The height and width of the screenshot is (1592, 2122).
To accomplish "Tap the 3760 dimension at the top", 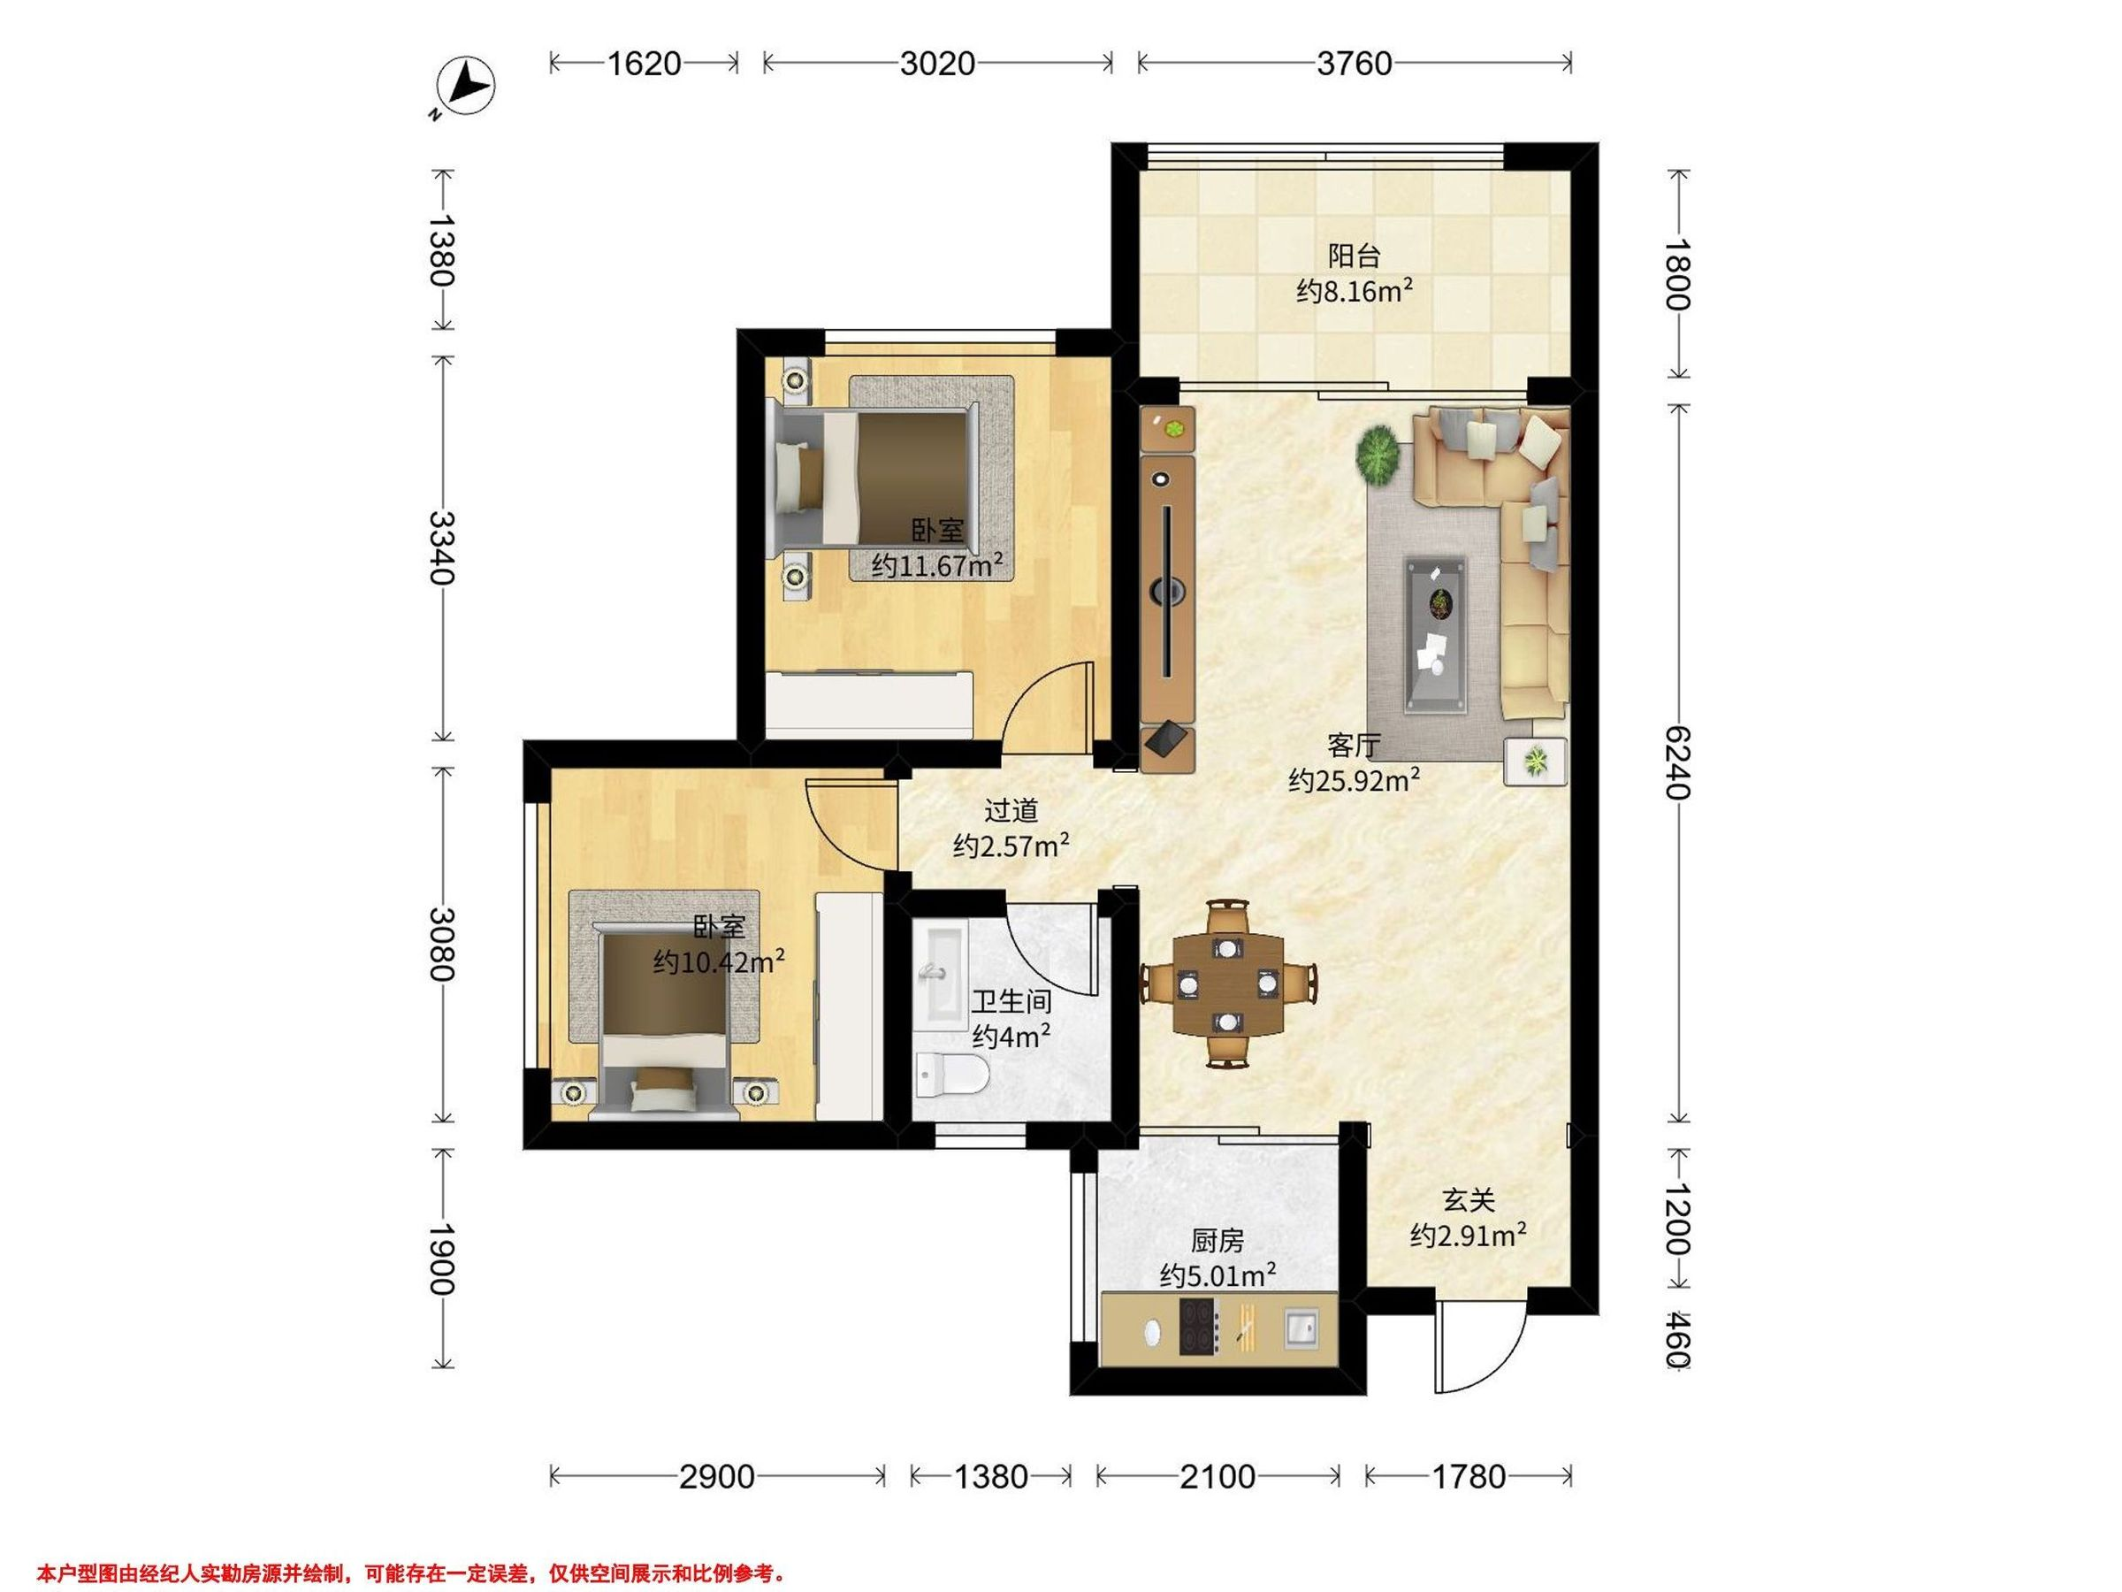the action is pyautogui.click(x=1354, y=64).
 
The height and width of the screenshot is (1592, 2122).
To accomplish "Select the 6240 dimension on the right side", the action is pyautogui.click(x=1675, y=763).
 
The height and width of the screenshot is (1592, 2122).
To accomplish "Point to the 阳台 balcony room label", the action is pyautogui.click(x=1354, y=256).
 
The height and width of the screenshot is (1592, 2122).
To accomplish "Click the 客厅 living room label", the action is pyautogui.click(x=1354, y=745).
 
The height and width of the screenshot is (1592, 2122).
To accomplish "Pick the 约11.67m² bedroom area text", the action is pyautogui.click(x=937, y=565).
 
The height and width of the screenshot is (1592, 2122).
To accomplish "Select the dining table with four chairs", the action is pyautogui.click(x=1228, y=984).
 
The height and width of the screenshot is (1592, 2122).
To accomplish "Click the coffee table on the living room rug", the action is pyautogui.click(x=1436, y=635).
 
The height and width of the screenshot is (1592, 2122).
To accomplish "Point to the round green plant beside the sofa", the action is pyautogui.click(x=1381, y=453).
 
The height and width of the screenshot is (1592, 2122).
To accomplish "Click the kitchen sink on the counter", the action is pyautogui.click(x=1301, y=1328).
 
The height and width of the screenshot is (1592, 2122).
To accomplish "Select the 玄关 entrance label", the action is pyautogui.click(x=1469, y=1199).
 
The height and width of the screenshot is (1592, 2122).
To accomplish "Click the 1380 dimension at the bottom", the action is pyautogui.click(x=991, y=1476).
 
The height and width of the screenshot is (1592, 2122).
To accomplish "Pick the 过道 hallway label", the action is pyautogui.click(x=1011, y=811).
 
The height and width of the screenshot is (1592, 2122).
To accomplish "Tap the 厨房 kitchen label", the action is pyautogui.click(x=1217, y=1241).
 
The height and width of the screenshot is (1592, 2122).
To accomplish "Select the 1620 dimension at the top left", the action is pyautogui.click(x=644, y=64).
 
